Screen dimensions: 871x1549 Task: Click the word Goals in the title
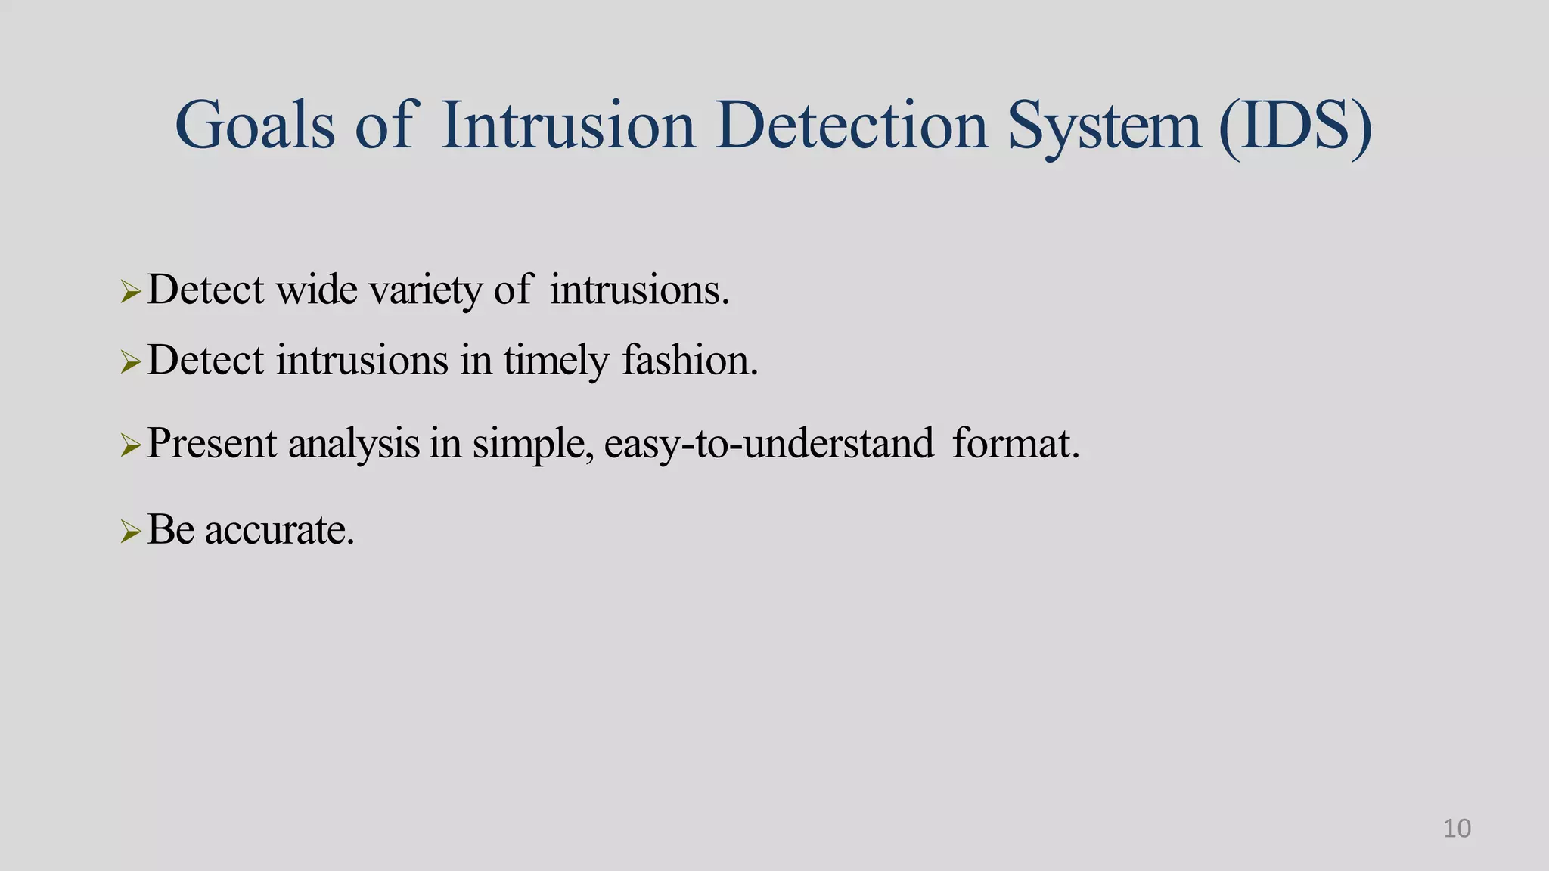254,126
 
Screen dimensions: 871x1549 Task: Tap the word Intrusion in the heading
567,126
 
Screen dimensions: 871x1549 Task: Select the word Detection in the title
852,126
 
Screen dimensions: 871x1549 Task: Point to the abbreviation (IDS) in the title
1295,126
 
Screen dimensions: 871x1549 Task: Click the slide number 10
1457,829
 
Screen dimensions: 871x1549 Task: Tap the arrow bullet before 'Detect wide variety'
131,291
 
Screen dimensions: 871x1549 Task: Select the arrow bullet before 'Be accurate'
131,532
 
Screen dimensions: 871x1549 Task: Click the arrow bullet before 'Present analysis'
131,445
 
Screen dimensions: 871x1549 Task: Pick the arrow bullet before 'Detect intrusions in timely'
131,362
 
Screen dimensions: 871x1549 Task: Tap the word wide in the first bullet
317,290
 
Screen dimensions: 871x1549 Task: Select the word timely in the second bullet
555,361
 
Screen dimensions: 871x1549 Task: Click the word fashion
689,360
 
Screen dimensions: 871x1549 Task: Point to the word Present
212,444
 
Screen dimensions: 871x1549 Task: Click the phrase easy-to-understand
768,444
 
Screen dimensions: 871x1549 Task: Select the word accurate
279,530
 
